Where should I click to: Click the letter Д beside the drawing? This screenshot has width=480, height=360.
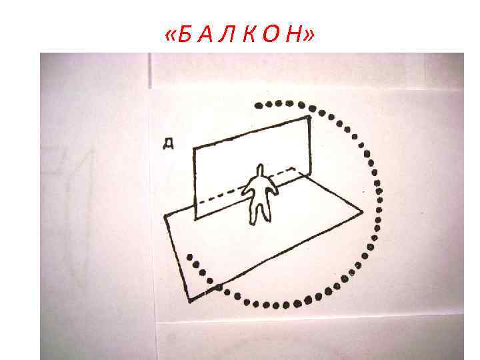(x=169, y=143)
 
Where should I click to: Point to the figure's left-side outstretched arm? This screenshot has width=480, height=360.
(x=246, y=189)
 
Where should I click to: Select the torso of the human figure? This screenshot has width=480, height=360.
(x=259, y=193)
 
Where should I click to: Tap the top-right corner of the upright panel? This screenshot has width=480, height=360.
(x=307, y=116)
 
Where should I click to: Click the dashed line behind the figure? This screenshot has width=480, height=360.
(x=220, y=195)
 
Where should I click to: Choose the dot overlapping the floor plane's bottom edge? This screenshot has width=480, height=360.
(x=218, y=288)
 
